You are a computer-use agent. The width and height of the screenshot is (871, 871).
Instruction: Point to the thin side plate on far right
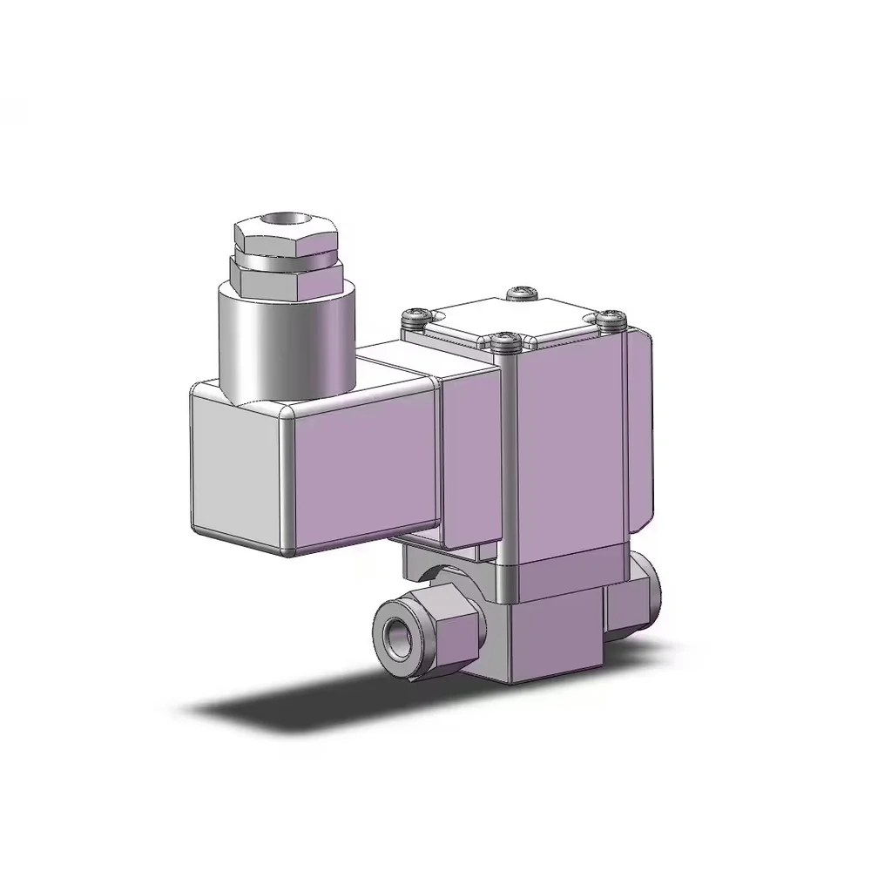pos(640,435)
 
